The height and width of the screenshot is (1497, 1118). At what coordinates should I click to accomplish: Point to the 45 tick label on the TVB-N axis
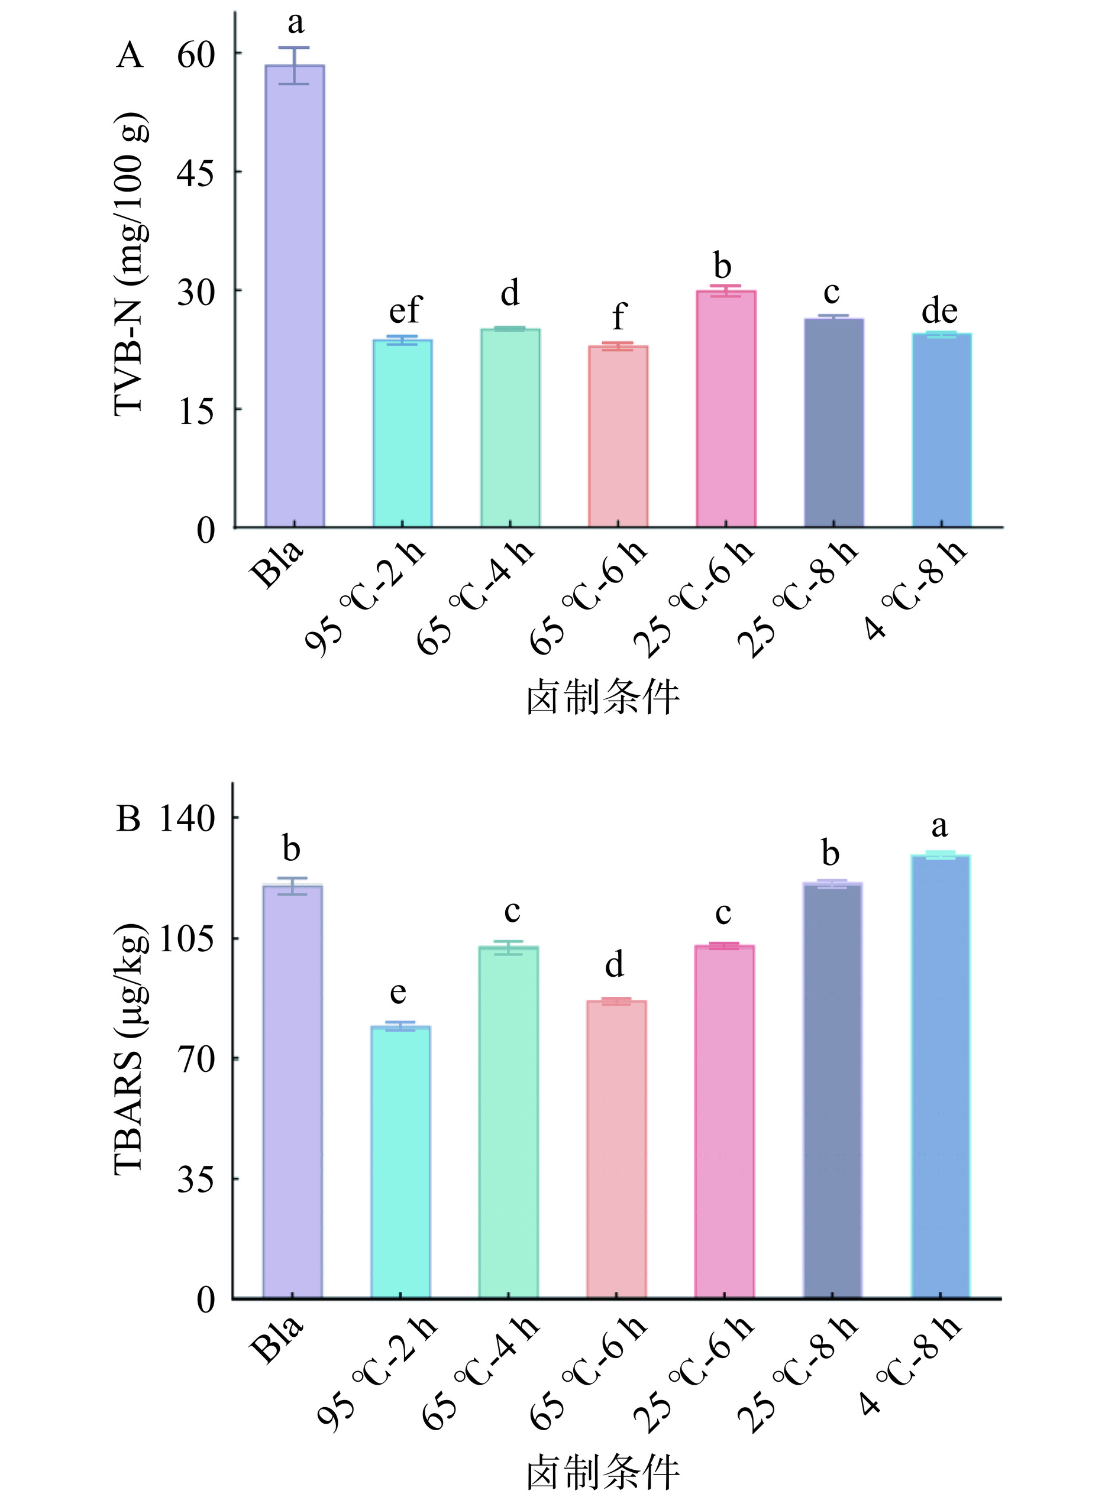pyautogui.click(x=195, y=173)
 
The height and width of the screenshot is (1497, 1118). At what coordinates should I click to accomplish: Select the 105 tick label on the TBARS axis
pyautogui.click(x=187, y=939)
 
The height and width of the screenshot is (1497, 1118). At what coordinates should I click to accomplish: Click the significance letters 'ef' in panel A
pyautogui.click(x=404, y=310)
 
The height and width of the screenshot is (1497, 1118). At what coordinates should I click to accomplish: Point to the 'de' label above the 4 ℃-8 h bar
pyautogui.click(x=939, y=311)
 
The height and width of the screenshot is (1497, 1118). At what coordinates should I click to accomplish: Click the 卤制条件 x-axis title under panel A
pyautogui.click(x=603, y=698)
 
